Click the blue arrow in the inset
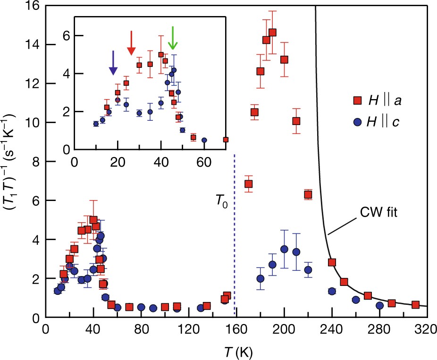pyautogui.click(x=113, y=63)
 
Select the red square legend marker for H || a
pyautogui.click(x=358, y=100)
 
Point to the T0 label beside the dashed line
pyautogui.click(x=221, y=205)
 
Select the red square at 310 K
pyautogui.click(x=415, y=305)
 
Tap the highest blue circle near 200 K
pyautogui.click(x=284, y=249)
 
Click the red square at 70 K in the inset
pyautogui.click(x=226, y=140)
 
